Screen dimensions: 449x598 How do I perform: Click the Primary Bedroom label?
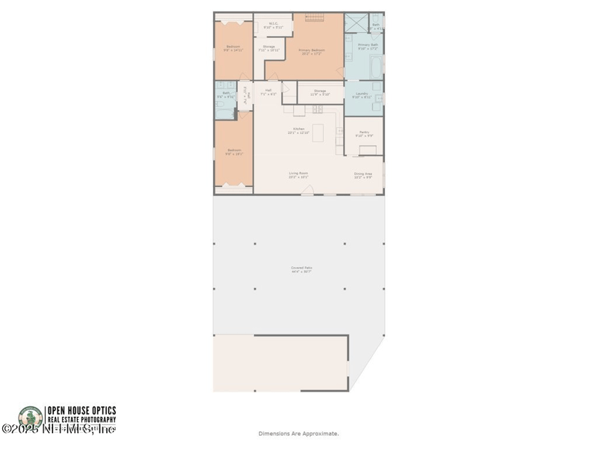[313, 52]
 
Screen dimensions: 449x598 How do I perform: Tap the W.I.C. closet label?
[273, 25]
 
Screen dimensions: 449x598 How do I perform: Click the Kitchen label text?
[299, 130]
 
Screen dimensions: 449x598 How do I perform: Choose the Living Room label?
[299, 175]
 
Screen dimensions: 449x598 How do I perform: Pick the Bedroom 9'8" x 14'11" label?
[233, 49]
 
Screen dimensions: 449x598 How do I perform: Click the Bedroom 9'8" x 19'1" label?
[234, 152]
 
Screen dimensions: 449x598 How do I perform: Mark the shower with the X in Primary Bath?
[356, 21]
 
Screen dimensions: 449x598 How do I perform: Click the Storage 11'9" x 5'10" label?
[320, 92]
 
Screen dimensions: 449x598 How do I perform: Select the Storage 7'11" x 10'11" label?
[269, 49]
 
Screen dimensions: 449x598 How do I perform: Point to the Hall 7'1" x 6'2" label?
[268, 92]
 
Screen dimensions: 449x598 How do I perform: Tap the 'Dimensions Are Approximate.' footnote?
[298, 433]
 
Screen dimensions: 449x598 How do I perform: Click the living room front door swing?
[306, 192]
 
